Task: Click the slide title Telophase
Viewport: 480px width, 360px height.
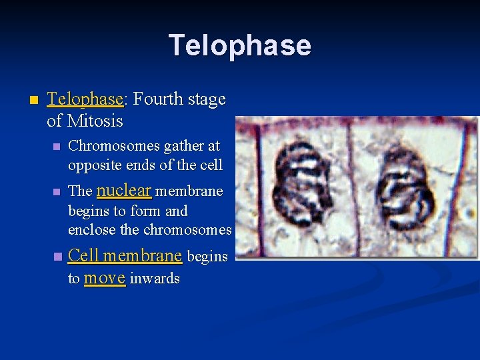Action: tap(239, 45)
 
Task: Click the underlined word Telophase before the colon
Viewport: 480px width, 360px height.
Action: tap(85, 99)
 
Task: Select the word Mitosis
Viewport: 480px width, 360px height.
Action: tap(95, 121)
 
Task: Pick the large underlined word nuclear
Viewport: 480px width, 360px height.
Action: tap(124, 190)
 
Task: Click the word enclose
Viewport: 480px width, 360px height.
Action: tap(90, 230)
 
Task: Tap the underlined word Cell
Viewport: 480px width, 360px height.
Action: tap(83, 255)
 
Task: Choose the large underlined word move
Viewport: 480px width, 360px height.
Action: tap(105, 277)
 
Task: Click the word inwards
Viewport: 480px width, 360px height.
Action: tap(155, 279)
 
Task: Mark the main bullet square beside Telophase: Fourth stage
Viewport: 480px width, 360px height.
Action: tap(31, 100)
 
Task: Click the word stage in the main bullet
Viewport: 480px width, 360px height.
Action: tap(207, 100)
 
